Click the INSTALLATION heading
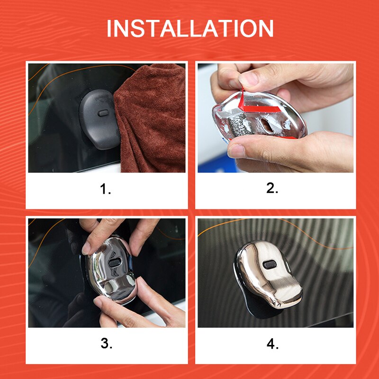[190, 28]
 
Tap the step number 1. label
[106, 189]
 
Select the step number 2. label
[272, 188]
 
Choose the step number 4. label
[272, 344]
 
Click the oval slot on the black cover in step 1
[103, 113]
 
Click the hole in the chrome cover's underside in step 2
[268, 125]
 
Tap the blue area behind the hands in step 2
[217, 164]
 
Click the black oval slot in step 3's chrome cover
[115, 262]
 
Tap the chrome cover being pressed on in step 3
[110, 271]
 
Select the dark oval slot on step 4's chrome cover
[269, 264]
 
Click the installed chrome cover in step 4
[268, 273]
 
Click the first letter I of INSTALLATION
[109, 28]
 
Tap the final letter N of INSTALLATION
[266, 28]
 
